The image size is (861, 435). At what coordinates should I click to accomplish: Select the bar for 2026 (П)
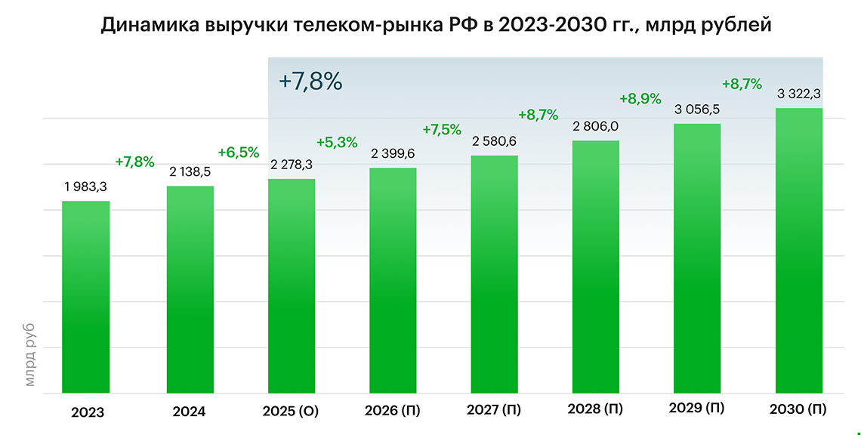click(393, 280)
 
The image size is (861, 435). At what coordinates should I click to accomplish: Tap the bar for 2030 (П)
click(799, 251)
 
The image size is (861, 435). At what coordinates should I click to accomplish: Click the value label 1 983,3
click(85, 187)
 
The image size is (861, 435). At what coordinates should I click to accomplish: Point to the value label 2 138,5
click(190, 172)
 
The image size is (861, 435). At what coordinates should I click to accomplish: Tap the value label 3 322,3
click(800, 94)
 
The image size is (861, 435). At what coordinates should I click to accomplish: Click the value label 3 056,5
click(696, 110)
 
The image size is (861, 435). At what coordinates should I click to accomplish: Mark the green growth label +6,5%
click(238, 153)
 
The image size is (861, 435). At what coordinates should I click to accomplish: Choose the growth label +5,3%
click(337, 142)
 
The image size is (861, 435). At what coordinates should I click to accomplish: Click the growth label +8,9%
click(640, 99)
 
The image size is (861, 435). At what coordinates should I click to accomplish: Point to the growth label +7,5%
click(441, 129)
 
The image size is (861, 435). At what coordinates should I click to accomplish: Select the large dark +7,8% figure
click(310, 82)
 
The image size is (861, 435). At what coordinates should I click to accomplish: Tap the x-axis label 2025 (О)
click(291, 412)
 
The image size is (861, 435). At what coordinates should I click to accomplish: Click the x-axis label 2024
click(189, 412)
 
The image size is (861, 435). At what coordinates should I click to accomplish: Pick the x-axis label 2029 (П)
click(696, 409)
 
